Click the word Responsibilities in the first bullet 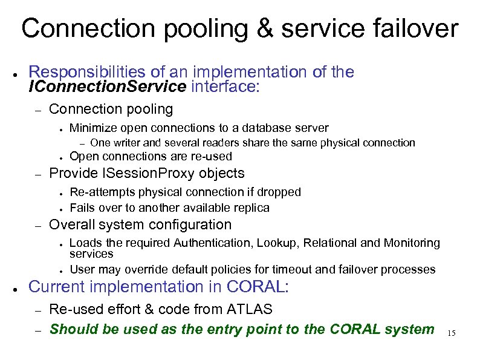click(x=82, y=73)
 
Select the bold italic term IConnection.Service click(x=107, y=87)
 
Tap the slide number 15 click(x=452, y=333)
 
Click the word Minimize click(x=93, y=128)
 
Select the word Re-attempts click(x=103, y=192)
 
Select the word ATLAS click(x=249, y=310)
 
